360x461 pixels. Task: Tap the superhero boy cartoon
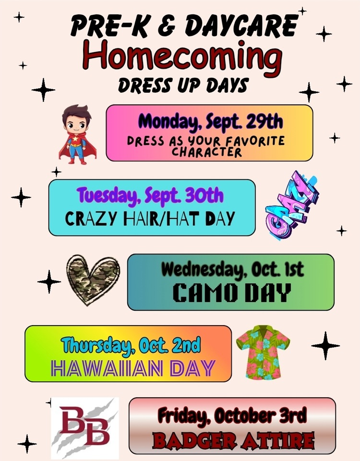[x=77, y=134]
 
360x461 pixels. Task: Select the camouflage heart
[x=93, y=280]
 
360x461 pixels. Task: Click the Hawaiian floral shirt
[x=263, y=352]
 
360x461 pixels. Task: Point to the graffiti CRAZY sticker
[x=291, y=206]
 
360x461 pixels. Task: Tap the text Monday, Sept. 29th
[x=210, y=121]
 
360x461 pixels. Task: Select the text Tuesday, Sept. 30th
[x=150, y=195]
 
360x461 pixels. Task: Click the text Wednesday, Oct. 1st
[x=232, y=269]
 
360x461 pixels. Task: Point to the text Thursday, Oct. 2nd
[x=131, y=344]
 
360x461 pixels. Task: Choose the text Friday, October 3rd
[x=232, y=415]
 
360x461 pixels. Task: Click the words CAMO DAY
[x=232, y=293]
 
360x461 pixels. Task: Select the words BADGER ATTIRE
[x=233, y=441]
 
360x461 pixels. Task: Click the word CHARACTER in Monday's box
[x=206, y=152]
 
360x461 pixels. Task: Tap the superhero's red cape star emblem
[x=76, y=139]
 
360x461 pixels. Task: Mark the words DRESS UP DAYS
[x=183, y=85]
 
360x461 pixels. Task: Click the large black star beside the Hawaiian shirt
[x=325, y=346]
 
